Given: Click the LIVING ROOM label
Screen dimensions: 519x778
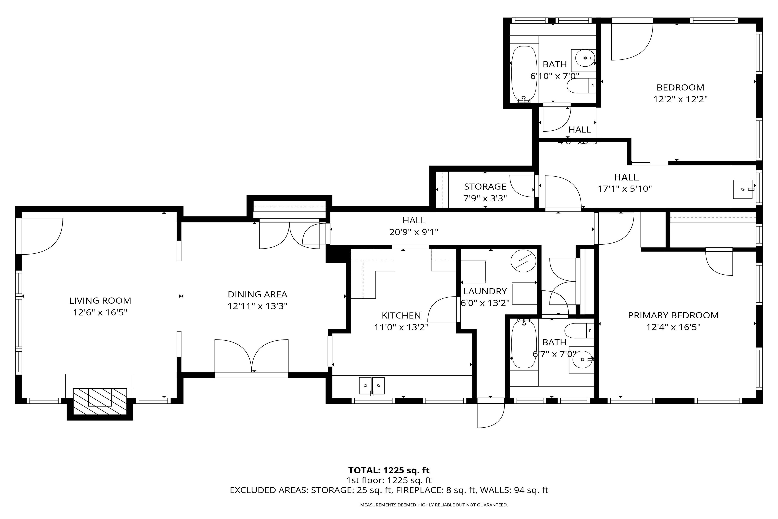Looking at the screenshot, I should (100, 301).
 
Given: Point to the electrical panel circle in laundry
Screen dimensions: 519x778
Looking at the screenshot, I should (523, 261).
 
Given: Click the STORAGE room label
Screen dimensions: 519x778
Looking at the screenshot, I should (485, 187).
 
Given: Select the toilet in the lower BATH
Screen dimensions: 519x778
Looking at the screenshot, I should (579, 330).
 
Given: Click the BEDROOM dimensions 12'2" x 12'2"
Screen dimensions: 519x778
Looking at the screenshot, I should (680, 99).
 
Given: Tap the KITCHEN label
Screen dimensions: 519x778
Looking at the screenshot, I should (401, 316).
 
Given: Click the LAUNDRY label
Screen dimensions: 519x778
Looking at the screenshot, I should (485, 291).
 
